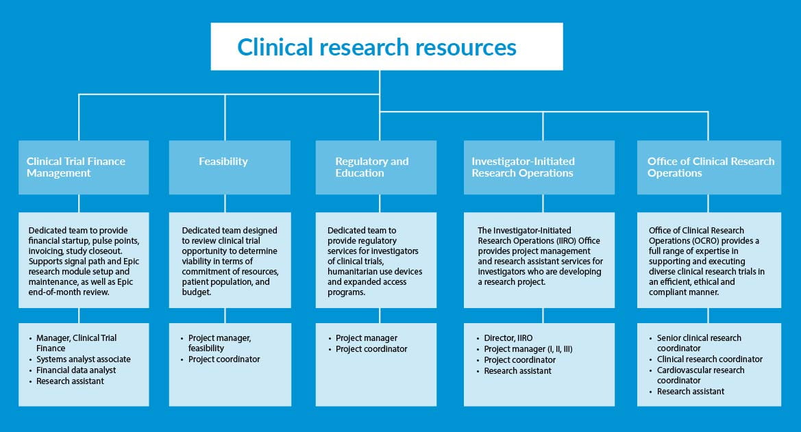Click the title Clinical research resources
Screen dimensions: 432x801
click(x=376, y=47)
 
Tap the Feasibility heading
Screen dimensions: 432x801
click(x=223, y=162)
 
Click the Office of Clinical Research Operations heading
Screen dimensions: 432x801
click(x=711, y=167)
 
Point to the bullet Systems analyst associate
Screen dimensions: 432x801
click(x=84, y=359)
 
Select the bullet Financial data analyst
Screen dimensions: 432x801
click(x=77, y=370)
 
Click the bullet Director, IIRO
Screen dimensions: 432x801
click(x=508, y=338)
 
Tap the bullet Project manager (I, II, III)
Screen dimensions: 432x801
click(x=528, y=349)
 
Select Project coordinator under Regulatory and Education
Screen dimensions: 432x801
click(x=371, y=349)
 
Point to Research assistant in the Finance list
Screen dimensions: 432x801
click(x=71, y=381)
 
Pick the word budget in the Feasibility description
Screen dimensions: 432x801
click(x=197, y=292)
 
